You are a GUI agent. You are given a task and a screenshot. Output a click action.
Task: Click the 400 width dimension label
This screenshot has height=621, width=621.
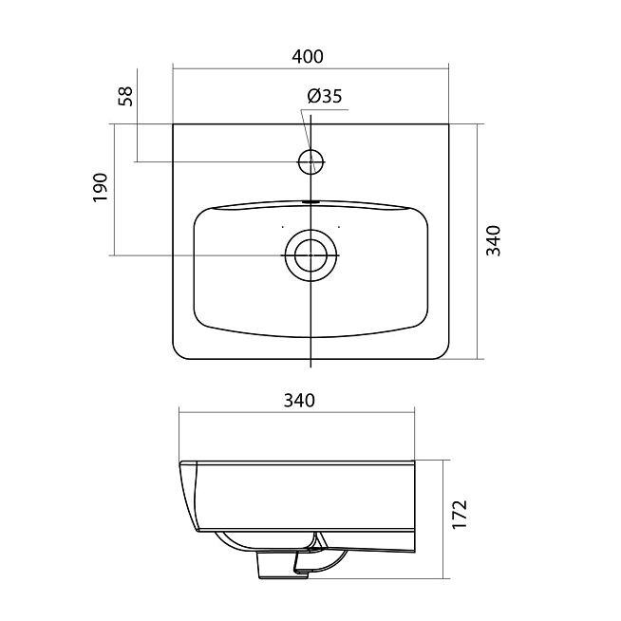tap(308, 57)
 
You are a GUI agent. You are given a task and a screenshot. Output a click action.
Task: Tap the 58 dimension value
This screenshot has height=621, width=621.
tap(125, 96)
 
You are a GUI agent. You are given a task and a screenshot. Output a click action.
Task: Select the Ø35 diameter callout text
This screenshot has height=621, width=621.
tap(325, 96)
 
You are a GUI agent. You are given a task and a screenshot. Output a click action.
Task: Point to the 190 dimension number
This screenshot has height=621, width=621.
tap(101, 187)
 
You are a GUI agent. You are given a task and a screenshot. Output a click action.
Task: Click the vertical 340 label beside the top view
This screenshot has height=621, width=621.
tap(494, 241)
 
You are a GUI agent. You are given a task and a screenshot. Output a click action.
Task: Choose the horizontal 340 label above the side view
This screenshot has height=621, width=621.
tap(299, 401)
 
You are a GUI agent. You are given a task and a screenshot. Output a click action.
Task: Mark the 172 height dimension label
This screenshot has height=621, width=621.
tap(460, 514)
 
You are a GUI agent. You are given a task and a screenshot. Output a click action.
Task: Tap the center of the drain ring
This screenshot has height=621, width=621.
tap(310, 255)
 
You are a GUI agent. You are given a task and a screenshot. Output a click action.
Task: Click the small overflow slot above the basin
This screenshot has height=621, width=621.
tap(310, 201)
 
